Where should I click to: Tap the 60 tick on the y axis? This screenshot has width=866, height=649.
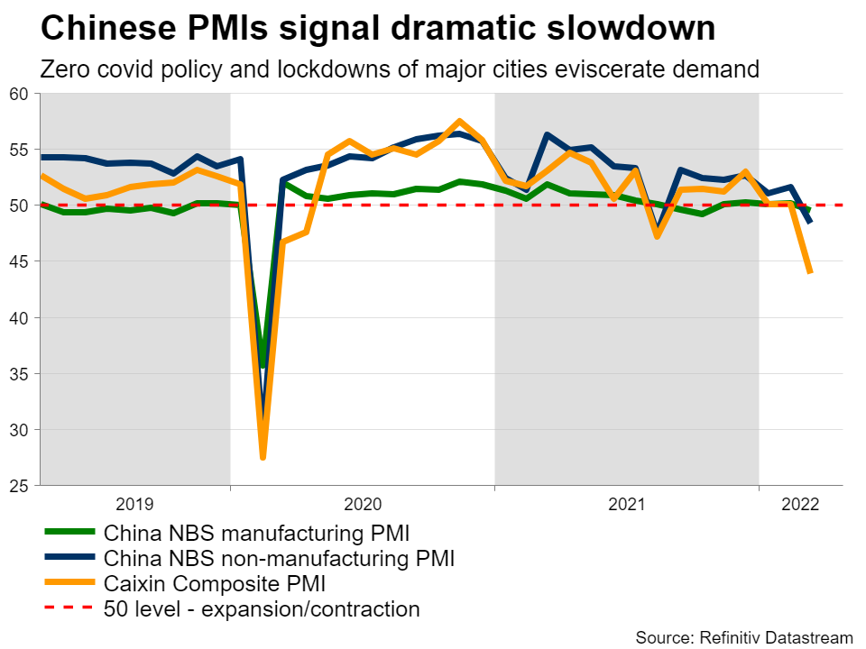click(20, 94)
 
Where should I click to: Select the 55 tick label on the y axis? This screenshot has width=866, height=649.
click(20, 150)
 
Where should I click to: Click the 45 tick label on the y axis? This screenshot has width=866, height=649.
click(20, 261)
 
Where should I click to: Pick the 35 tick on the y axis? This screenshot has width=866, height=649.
click(20, 373)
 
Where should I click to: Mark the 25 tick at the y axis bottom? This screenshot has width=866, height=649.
click(20, 485)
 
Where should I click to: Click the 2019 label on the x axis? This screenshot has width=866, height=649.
click(135, 504)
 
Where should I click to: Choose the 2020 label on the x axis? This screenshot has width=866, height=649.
click(362, 504)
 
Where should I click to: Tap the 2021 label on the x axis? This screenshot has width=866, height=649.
click(626, 504)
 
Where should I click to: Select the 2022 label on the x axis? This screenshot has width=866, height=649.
click(799, 504)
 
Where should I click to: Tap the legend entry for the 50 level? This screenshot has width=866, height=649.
click(262, 609)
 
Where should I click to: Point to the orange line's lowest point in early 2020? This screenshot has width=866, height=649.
click(263, 457)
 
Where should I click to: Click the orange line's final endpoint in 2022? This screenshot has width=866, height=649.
click(810, 271)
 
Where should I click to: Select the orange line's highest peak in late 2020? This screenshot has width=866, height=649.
click(460, 121)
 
